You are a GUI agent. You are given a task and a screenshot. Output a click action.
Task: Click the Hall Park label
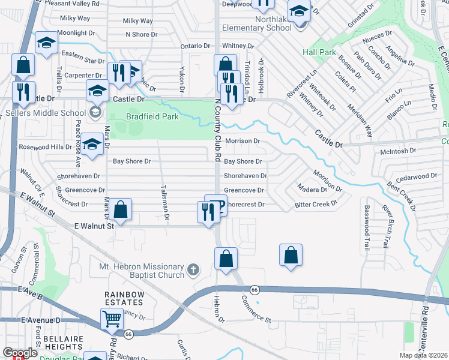[x=319, y=53]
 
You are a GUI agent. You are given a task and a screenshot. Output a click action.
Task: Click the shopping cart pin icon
[x=112, y=319]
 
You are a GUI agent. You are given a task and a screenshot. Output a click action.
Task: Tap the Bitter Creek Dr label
[x=316, y=205]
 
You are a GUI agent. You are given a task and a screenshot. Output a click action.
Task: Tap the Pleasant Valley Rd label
[x=75, y=3]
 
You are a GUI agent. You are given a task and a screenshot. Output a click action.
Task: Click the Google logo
[x=20, y=353]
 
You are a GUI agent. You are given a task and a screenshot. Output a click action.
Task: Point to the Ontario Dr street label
[x=197, y=46]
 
